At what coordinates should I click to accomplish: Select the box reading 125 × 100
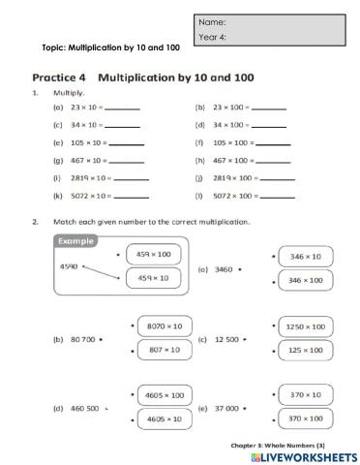[x=306, y=350]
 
